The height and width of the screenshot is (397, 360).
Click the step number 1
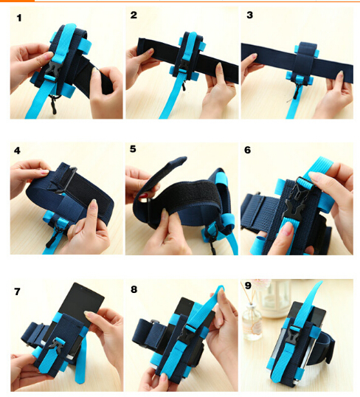tap(19, 18)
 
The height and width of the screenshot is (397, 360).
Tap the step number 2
tap(134, 15)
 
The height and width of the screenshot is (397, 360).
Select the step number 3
tap(249, 15)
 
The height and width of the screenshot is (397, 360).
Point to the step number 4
tap(17, 151)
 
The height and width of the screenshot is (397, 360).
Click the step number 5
tap(133, 149)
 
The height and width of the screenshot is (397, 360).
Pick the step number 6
tap(248, 150)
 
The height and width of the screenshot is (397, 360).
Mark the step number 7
tap(17, 291)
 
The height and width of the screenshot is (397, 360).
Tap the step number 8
tap(134, 289)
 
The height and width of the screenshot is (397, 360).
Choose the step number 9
tap(248, 286)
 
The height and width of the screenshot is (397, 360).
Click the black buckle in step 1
tap(53, 69)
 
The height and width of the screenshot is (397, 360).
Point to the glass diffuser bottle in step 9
tap(252, 322)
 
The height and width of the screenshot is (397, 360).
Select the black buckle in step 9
tap(294, 336)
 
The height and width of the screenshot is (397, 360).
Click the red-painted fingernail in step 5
tap(143, 196)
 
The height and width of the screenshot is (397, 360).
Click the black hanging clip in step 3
tap(297, 92)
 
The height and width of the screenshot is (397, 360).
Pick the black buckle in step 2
tap(183, 68)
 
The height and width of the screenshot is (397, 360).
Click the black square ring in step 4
tap(66, 179)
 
